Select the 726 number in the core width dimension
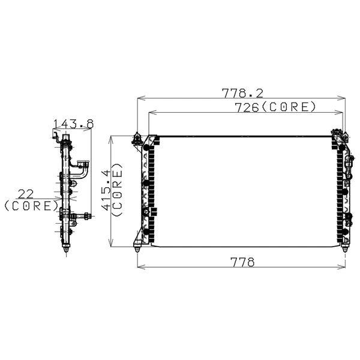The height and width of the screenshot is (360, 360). (x=247, y=107)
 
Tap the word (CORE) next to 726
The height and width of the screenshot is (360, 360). (x=289, y=107)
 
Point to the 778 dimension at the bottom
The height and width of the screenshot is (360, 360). (x=242, y=262)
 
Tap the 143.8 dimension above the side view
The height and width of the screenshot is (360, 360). (x=74, y=124)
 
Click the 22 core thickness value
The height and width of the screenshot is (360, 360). (x=26, y=193)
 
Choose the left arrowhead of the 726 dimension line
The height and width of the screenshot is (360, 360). (x=151, y=112)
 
